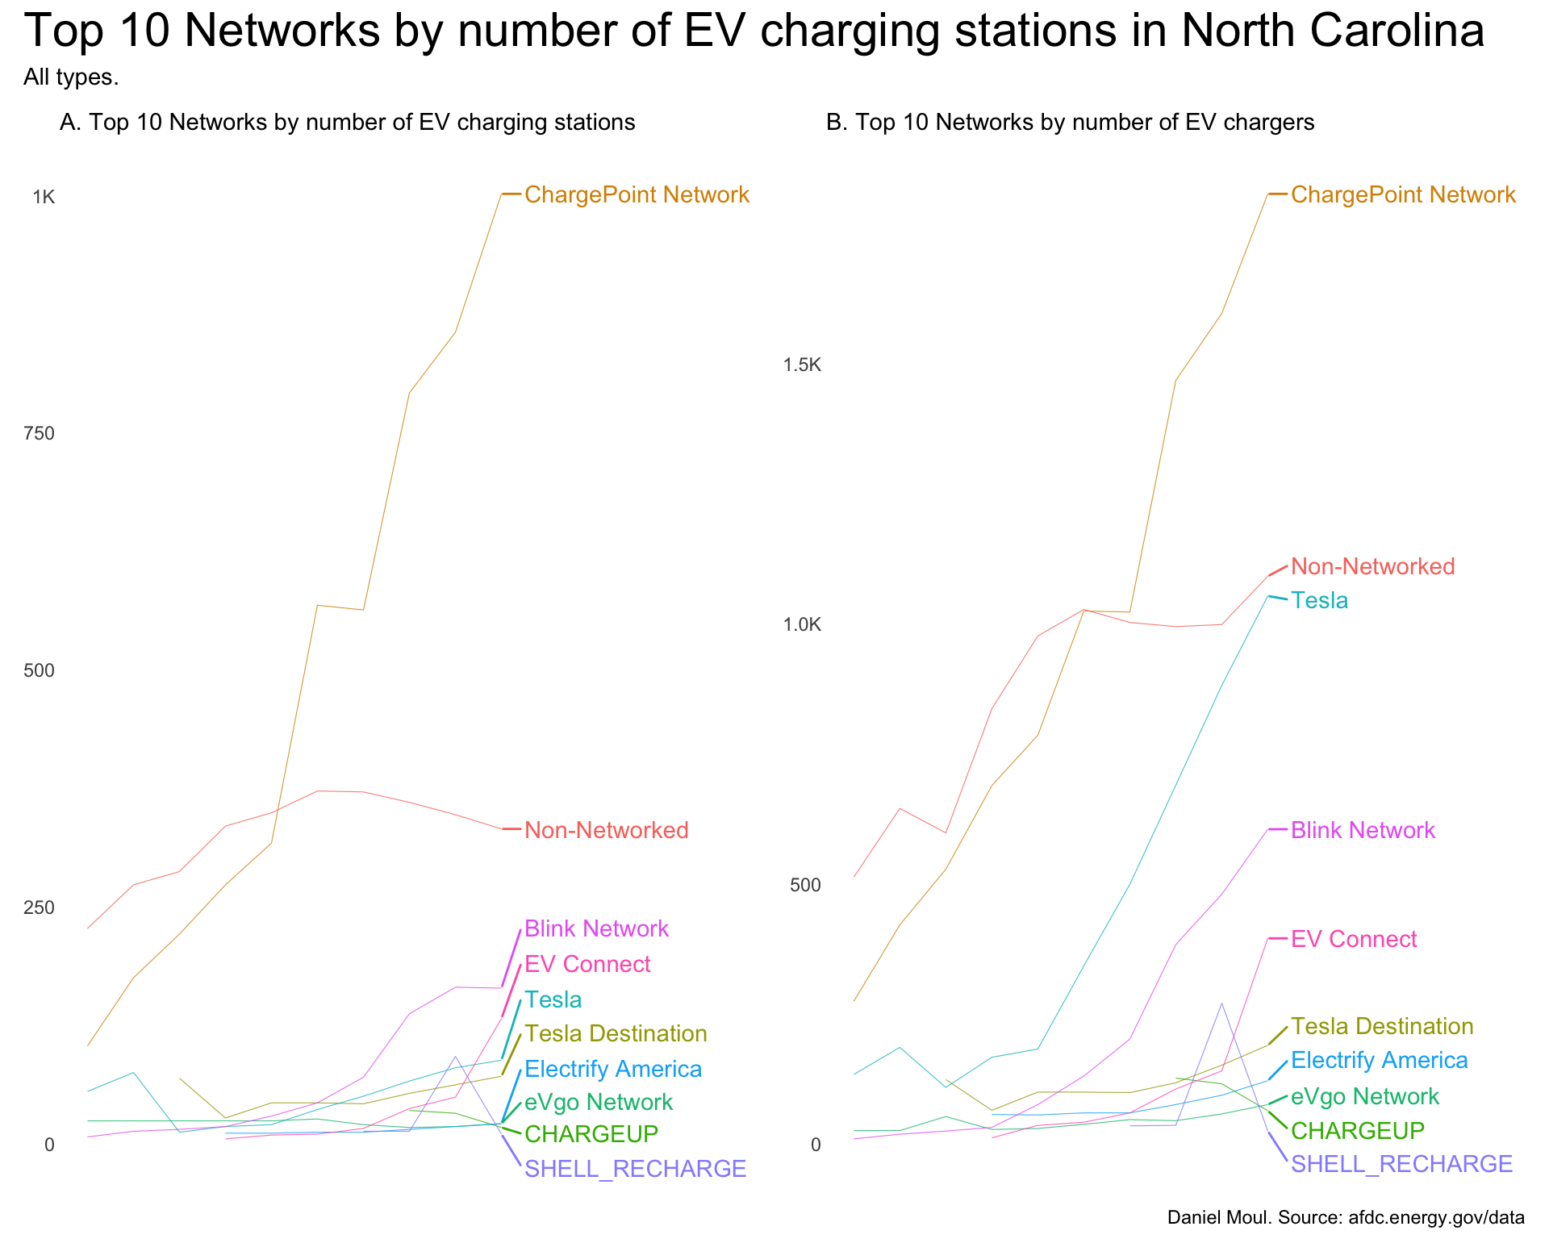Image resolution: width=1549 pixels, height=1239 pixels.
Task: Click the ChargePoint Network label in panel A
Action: (x=637, y=195)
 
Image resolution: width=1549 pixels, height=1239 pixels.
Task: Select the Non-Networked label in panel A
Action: (x=607, y=830)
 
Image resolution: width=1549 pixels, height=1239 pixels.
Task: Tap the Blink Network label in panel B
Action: (x=1363, y=830)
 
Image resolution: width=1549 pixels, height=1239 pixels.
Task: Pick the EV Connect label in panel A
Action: (x=587, y=964)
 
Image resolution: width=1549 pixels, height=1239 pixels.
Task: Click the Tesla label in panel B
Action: (x=1319, y=600)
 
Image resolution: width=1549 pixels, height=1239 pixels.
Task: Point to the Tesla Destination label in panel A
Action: (x=616, y=1033)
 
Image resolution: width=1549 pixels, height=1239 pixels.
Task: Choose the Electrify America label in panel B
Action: (x=1379, y=1060)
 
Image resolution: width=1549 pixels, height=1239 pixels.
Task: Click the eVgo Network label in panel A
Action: (x=599, y=1103)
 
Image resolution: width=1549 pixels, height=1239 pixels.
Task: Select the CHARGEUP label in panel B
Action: (x=1358, y=1131)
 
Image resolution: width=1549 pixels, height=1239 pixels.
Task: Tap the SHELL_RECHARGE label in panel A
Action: (x=635, y=1169)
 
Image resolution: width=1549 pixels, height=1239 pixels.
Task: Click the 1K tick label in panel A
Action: (x=43, y=197)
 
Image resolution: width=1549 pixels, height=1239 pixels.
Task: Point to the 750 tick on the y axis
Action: (x=38, y=434)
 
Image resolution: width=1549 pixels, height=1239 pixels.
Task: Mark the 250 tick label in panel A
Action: (x=38, y=907)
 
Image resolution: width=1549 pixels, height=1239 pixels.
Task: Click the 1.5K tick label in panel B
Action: (x=801, y=365)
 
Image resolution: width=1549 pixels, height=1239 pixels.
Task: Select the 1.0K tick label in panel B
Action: (x=801, y=625)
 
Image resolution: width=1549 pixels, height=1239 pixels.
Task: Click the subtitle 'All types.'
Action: (x=71, y=77)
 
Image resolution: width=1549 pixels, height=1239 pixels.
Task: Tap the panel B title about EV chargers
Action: (x=1071, y=123)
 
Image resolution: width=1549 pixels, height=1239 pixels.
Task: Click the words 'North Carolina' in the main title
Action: (x=1330, y=32)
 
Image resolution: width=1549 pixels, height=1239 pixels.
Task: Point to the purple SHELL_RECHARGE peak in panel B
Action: (x=1221, y=1003)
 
